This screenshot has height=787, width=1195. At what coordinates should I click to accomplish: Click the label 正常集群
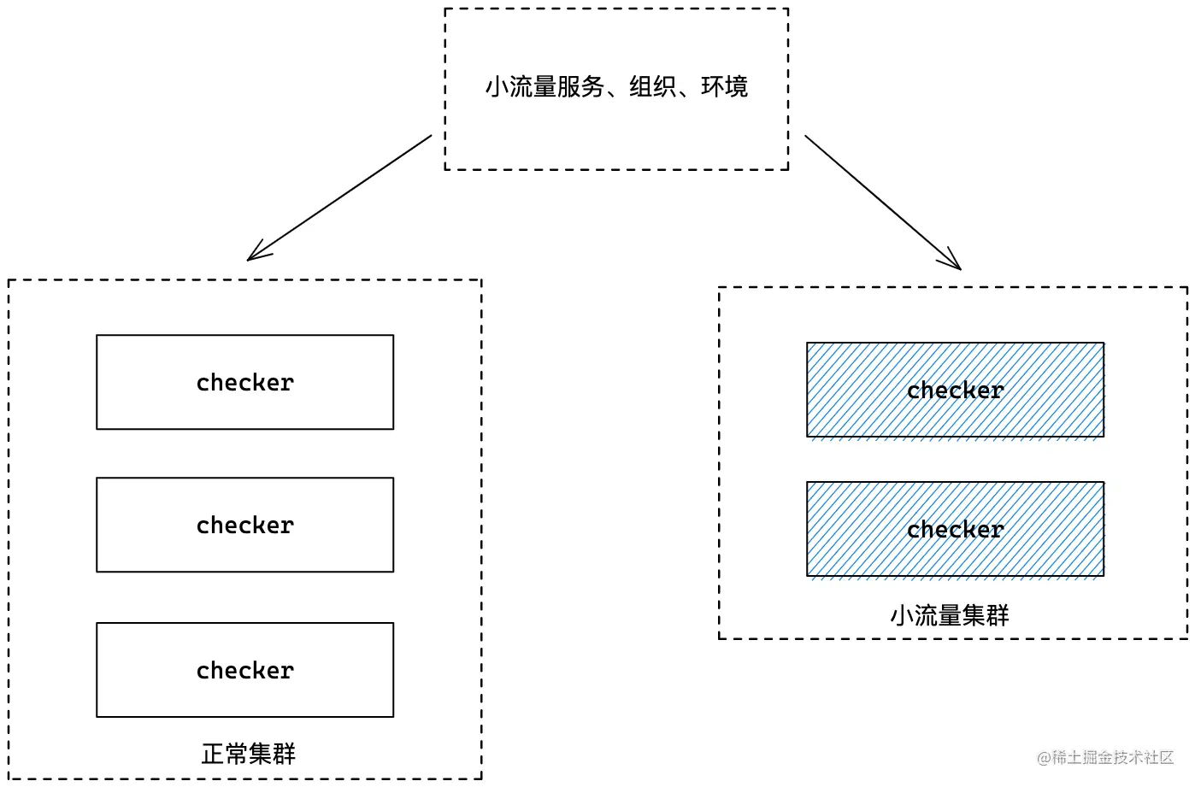click(x=248, y=754)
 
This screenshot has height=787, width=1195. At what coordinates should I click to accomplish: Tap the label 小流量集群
click(x=950, y=615)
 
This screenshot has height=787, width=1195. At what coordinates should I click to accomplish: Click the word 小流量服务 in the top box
click(x=545, y=87)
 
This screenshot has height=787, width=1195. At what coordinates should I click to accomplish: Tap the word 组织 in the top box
click(x=652, y=87)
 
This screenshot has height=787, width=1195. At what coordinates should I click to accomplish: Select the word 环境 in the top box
click(x=725, y=87)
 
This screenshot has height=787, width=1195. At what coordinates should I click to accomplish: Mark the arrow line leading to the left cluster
click(x=339, y=197)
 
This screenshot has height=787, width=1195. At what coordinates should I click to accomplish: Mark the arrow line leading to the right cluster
click(x=884, y=203)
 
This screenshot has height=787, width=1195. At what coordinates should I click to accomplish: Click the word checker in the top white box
click(x=244, y=382)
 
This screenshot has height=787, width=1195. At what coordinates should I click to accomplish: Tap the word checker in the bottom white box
click(x=244, y=670)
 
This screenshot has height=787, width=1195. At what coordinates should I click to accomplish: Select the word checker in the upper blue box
click(x=956, y=391)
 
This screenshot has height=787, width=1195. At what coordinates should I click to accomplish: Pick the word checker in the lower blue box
click(x=956, y=530)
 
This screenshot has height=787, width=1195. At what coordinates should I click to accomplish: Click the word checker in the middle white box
click(x=244, y=526)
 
